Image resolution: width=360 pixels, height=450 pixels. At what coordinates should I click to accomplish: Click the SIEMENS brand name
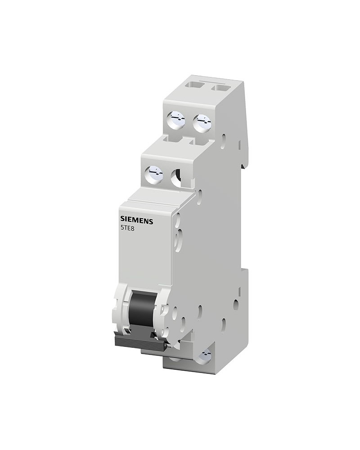[137, 220]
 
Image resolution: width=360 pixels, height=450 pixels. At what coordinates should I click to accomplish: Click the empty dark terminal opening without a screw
[177, 177]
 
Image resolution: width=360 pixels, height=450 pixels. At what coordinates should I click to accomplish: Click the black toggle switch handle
[143, 311]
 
